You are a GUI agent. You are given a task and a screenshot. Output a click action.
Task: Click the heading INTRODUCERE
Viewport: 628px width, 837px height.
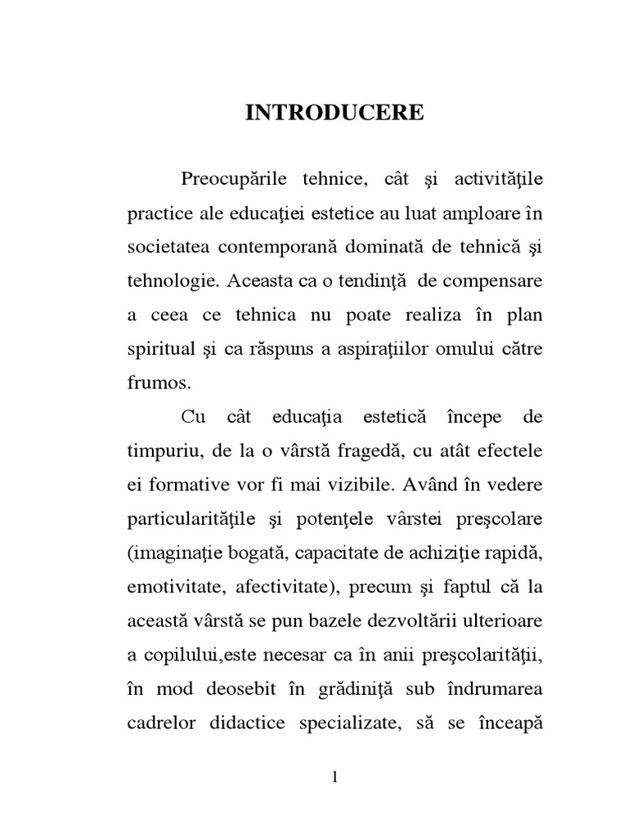pyautogui.click(x=334, y=113)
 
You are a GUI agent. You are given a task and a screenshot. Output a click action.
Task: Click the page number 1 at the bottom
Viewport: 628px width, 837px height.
pyautogui.click(x=334, y=777)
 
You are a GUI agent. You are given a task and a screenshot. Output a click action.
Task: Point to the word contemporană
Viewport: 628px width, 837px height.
pyautogui.click(x=283, y=246)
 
